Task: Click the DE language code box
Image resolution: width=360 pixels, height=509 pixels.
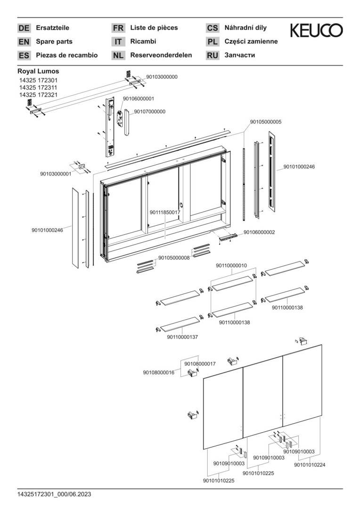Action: point(24,28)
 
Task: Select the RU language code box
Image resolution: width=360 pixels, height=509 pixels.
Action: point(213,56)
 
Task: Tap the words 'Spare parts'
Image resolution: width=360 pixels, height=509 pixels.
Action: point(54,41)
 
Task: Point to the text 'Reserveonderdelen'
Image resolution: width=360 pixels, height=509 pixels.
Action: point(161,55)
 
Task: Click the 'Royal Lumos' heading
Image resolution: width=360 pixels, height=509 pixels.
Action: point(38,71)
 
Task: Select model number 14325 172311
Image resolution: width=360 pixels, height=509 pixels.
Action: point(38,87)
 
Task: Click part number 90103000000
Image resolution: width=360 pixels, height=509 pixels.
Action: point(162,77)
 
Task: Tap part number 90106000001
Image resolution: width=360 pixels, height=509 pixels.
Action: point(138,99)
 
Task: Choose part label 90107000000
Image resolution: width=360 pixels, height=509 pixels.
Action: point(150,112)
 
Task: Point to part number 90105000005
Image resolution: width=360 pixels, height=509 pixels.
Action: point(266,122)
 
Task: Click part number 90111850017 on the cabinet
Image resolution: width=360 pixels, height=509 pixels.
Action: point(165,212)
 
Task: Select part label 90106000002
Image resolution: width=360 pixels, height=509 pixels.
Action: point(259,232)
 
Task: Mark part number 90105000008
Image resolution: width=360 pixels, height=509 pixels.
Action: point(174,258)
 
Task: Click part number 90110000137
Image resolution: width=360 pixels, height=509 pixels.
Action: point(182,337)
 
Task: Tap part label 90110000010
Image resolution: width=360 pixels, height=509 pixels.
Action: point(231,265)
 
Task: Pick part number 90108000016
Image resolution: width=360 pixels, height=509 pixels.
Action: point(158,372)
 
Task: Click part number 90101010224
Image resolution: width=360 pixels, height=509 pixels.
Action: point(310,465)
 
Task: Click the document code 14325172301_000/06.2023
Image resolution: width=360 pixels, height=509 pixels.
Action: point(54,494)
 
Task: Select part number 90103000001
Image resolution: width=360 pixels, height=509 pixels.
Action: point(56,174)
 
